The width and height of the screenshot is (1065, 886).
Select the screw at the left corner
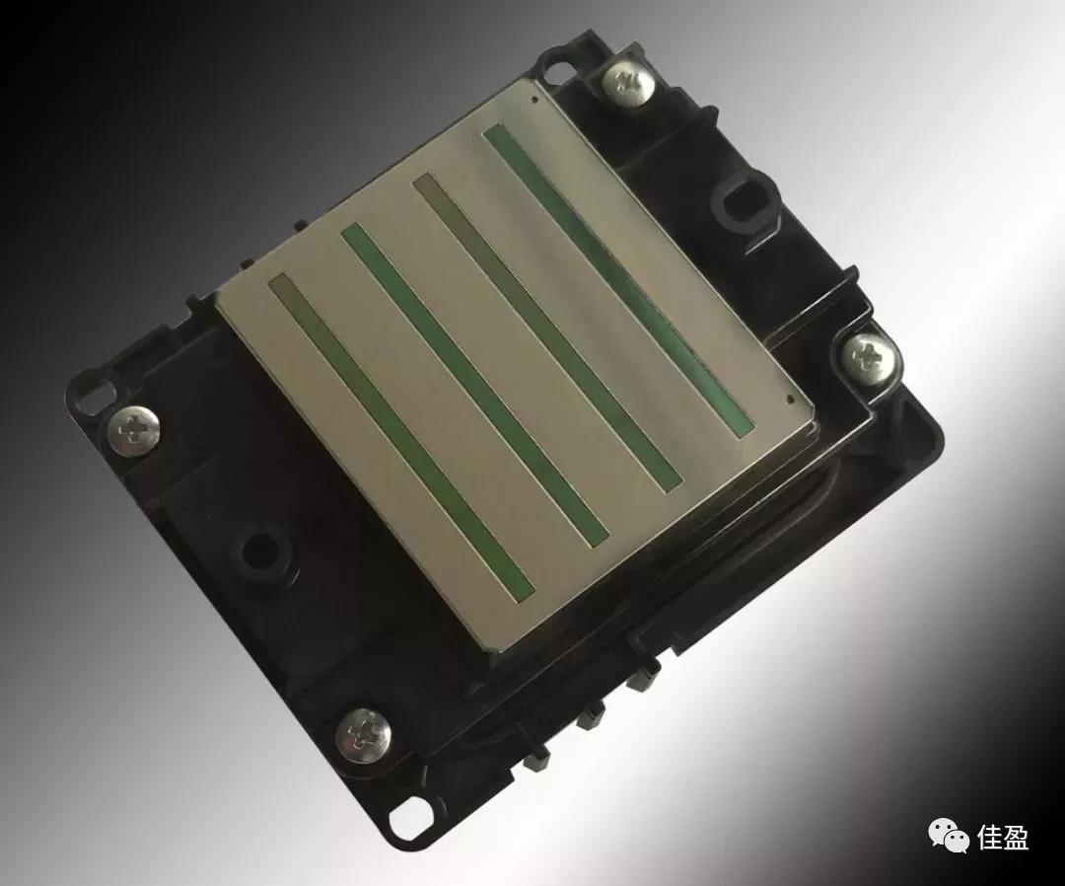(134, 431)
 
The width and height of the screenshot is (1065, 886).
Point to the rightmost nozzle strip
(618, 278)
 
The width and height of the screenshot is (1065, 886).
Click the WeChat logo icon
(949, 834)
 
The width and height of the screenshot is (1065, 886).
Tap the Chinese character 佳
(990, 837)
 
